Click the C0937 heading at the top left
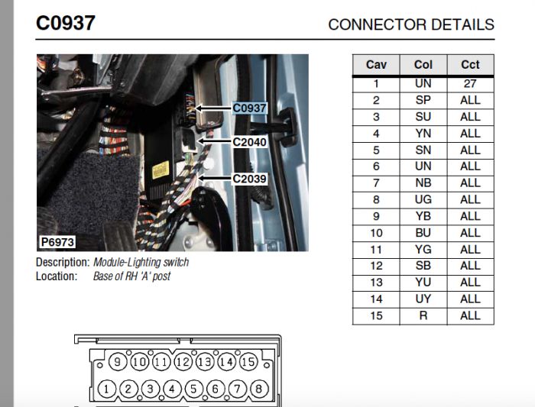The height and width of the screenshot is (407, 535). [66, 23]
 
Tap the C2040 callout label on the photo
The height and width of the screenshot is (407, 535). [249, 142]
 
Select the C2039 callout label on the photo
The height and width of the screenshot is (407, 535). [249, 178]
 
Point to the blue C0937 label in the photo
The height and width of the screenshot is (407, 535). [249, 108]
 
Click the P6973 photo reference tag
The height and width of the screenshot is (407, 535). [57, 242]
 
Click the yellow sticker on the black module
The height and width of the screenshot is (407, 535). [160, 170]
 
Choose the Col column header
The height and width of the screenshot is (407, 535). [423, 65]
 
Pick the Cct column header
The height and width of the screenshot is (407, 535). [470, 65]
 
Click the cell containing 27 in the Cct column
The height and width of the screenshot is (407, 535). [470, 83]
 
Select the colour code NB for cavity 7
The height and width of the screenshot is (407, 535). [423, 183]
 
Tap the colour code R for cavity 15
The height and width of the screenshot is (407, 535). [423, 315]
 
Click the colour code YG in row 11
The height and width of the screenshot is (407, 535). [423, 250]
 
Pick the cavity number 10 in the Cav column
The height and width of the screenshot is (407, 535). [376, 233]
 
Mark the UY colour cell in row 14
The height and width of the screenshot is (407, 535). [423, 299]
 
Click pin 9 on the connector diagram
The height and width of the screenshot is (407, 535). [118, 362]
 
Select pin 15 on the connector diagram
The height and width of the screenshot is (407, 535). [248, 362]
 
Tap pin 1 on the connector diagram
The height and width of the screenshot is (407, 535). [106, 389]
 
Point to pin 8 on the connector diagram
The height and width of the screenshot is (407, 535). [259, 389]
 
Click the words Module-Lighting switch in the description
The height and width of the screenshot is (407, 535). [141, 262]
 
